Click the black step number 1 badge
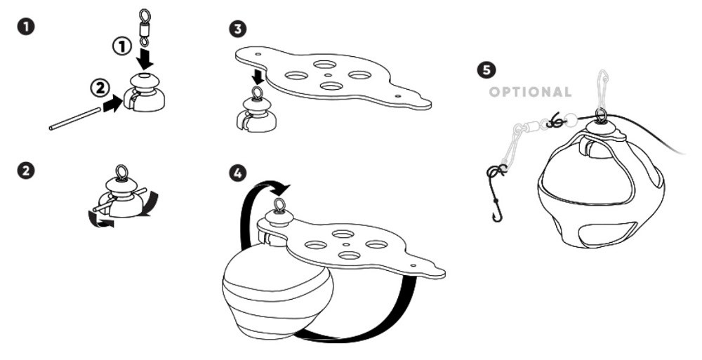coord(25,27)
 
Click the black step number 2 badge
coord(25,171)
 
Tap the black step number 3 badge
coord(237,29)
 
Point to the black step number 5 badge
coord(485,69)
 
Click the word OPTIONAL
coord(530,92)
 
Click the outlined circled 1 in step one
coord(122,47)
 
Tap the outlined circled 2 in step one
coord(100,88)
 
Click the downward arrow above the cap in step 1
coord(143,53)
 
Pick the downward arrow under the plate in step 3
coord(257,76)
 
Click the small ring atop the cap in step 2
coord(121,171)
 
